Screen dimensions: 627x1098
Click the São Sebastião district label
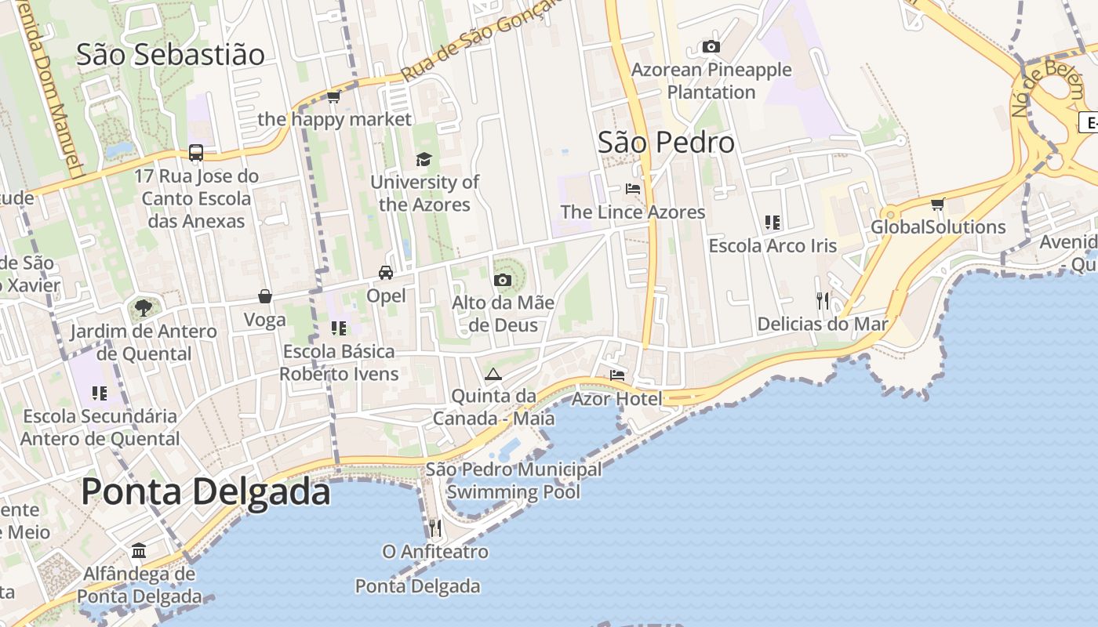(170, 55)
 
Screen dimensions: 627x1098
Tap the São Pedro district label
(666, 143)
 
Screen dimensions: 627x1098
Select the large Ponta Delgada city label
(205, 491)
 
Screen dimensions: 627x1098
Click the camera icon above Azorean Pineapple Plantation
(711, 47)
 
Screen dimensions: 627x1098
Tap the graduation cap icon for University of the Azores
(424, 159)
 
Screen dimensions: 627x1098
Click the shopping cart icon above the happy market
(334, 97)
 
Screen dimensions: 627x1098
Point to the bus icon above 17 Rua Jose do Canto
(196, 153)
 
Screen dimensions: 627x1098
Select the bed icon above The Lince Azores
(632, 189)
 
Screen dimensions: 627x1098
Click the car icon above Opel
(386, 273)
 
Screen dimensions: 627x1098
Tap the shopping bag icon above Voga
(265, 296)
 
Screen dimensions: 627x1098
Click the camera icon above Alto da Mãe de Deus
(503, 280)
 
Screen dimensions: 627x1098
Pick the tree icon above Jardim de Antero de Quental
(143, 307)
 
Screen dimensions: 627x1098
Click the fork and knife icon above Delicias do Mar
(822, 300)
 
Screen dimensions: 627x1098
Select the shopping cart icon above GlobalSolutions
(937, 205)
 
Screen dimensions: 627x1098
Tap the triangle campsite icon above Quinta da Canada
(493, 374)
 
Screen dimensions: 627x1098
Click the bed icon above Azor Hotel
(617, 375)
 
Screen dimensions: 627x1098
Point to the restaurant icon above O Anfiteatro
(435, 528)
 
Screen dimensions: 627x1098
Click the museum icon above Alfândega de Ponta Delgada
(139, 550)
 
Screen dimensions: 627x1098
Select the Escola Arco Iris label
(773, 246)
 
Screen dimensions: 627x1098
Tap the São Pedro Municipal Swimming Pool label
(514, 480)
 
